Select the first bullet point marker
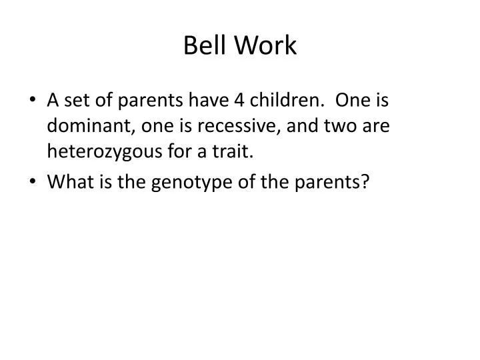click(x=33, y=101)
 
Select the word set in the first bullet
click(x=74, y=100)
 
